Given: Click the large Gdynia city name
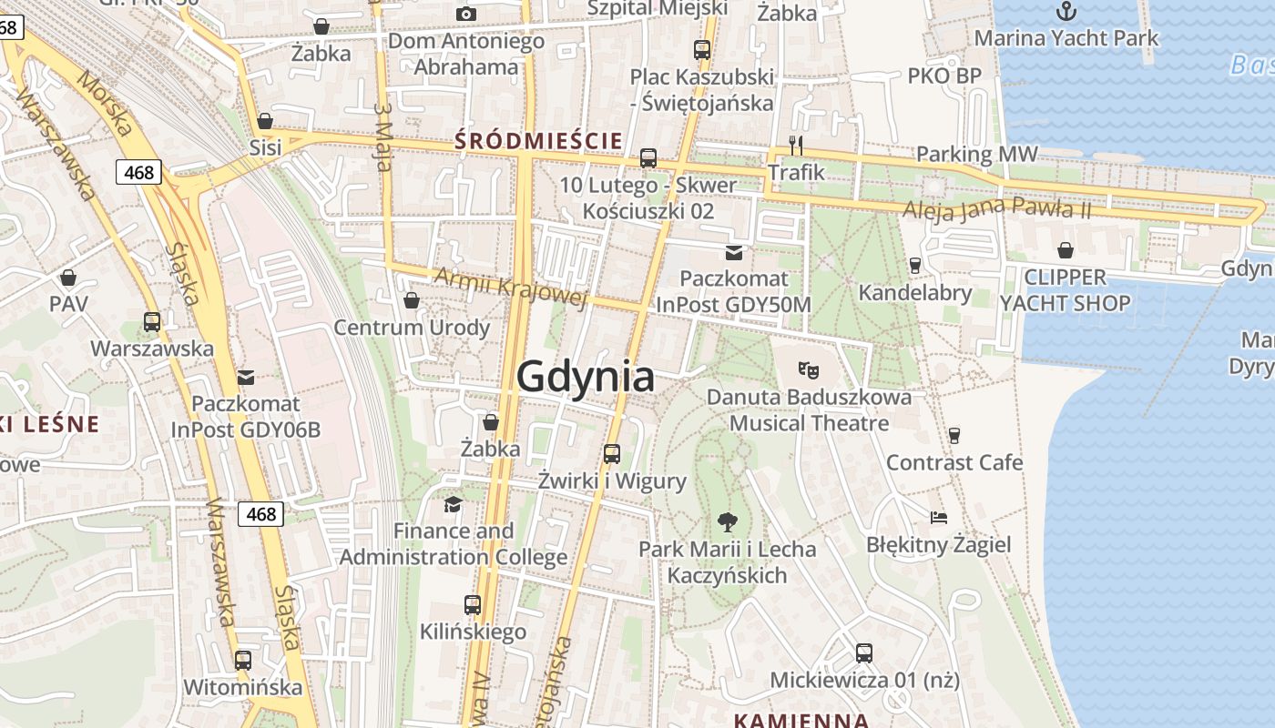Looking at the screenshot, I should pyautogui.click(x=586, y=377).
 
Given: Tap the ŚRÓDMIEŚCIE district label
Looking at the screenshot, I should pyautogui.click(x=538, y=141).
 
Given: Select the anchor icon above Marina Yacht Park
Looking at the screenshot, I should pyautogui.click(x=1066, y=11).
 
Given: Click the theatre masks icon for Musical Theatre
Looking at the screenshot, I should pyautogui.click(x=808, y=369).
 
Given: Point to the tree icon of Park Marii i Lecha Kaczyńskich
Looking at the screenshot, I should pyautogui.click(x=727, y=522).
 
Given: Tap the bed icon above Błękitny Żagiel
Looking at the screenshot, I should pyautogui.click(x=939, y=518).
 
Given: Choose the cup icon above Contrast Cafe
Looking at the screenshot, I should pyautogui.click(x=954, y=436).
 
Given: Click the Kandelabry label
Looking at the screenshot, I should pyautogui.click(x=915, y=293).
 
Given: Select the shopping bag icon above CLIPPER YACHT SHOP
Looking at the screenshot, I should pyautogui.click(x=1065, y=250).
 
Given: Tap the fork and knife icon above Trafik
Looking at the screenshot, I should pyautogui.click(x=796, y=145).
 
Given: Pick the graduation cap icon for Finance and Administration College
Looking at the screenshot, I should pyautogui.click(x=453, y=504).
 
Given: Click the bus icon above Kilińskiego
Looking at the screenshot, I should pyautogui.click(x=473, y=604).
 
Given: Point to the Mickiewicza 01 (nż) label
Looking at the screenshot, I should pyautogui.click(x=864, y=680).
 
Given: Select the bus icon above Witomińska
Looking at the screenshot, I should pyautogui.click(x=243, y=661).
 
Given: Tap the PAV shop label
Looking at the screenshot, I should pyautogui.click(x=68, y=303).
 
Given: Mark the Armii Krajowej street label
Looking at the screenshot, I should pyautogui.click(x=511, y=288).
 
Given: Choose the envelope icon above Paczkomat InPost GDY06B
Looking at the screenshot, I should pyautogui.click(x=246, y=377).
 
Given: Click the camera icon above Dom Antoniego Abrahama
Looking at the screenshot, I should pyautogui.click(x=466, y=14).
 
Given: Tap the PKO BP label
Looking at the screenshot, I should pyautogui.click(x=944, y=76).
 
